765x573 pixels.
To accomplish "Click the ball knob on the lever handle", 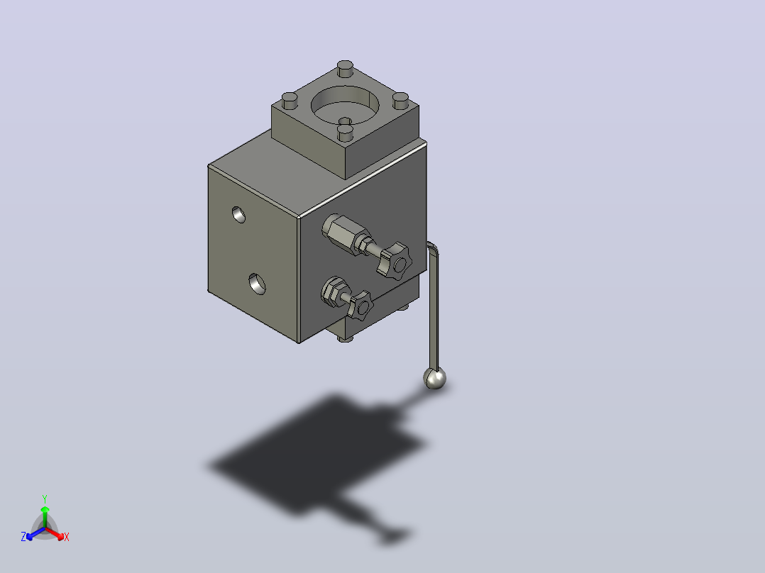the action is click(434, 379).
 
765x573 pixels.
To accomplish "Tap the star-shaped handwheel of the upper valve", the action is click(395, 261).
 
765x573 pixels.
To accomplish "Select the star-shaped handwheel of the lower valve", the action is click(360, 305).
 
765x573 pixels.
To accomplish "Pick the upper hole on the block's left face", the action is click(238, 215).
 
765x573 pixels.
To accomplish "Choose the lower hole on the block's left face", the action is click(257, 284).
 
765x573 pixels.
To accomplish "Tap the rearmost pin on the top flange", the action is click(345, 68).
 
